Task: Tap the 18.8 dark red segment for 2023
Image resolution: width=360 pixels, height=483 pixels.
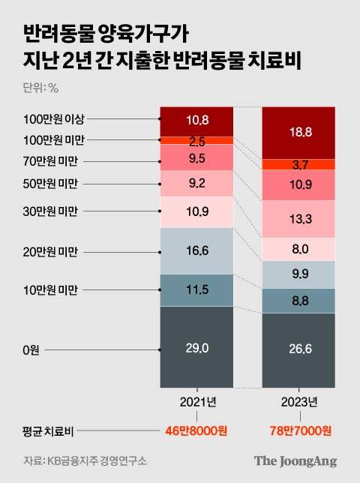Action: tap(298, 132)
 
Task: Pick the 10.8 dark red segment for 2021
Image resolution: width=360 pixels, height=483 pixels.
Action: tap(196, 120)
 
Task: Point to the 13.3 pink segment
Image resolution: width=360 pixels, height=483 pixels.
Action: tap(298, 218)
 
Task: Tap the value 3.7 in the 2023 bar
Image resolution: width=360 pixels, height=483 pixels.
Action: tap(298, 164)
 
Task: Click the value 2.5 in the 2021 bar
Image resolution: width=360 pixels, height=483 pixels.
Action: tap(196, 140)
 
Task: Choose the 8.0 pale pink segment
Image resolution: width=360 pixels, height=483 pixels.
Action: tap(298, 249)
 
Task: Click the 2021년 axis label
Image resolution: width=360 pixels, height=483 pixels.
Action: tap(196, 402)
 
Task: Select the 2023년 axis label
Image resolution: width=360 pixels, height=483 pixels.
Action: tap(298, 402)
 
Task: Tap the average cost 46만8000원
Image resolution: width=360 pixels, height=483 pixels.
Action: tap(196, 431)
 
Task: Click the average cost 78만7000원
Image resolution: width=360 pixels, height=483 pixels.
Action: tap(298, 431)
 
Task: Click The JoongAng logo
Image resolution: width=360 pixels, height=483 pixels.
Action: tap(294, 460)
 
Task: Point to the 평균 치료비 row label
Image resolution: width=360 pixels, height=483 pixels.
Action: tap(46, 431)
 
